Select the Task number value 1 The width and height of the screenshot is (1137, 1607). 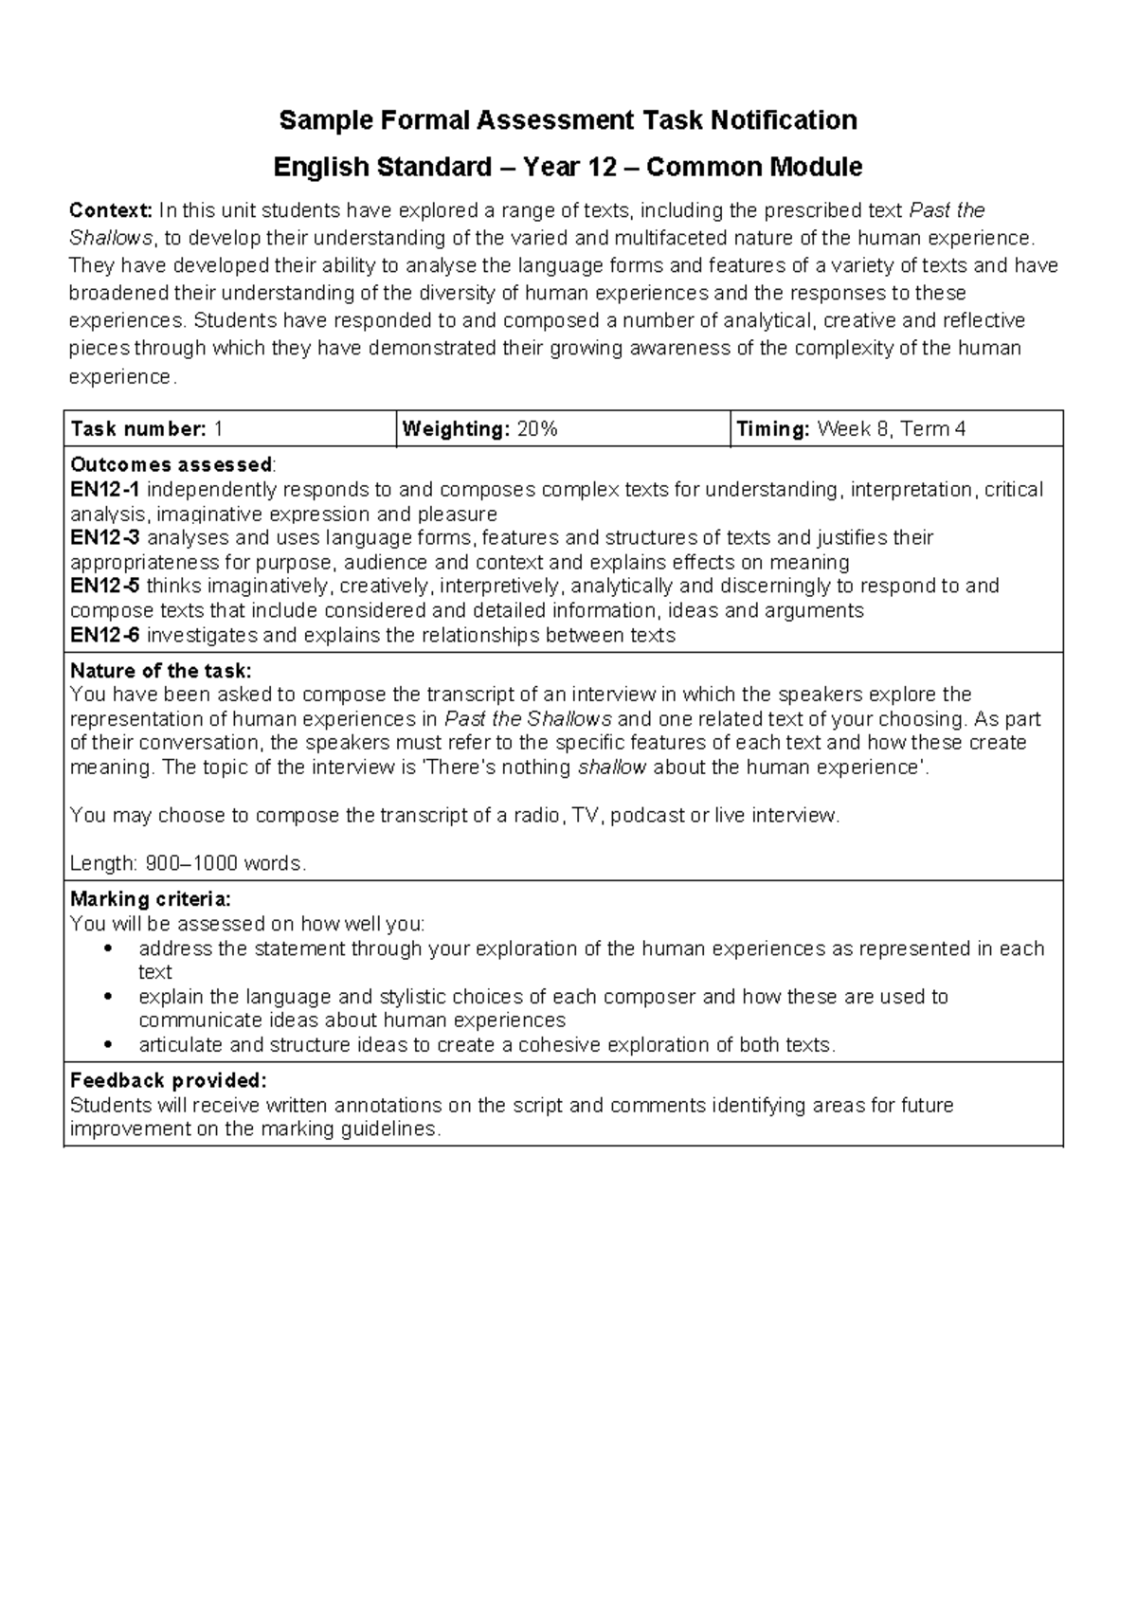click(219, 429)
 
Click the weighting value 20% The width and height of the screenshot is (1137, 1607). click(537, 429)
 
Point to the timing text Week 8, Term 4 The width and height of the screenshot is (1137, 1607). click(891, 429)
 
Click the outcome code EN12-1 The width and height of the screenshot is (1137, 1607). click(105, 490)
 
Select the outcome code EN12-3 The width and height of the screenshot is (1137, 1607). click(105, 538)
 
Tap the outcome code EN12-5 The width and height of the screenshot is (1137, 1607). click(105, 586)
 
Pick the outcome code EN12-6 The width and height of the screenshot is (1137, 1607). click(105, 635)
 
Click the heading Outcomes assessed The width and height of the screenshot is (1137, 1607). click(171, 465)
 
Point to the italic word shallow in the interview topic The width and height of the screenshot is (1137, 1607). click(612, 767)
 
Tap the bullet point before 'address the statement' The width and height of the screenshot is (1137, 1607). click(110, 949)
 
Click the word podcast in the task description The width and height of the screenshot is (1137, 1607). click(646, 816)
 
